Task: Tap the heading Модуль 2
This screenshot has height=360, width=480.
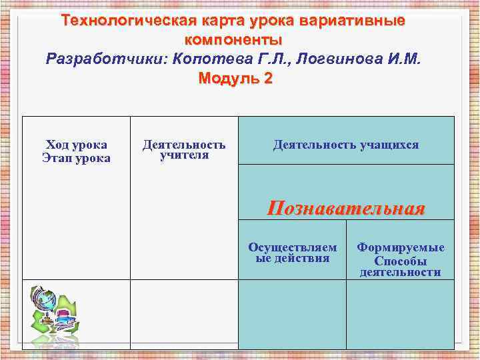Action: tap(235, 78)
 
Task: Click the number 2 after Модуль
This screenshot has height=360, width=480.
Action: tap(268, 78)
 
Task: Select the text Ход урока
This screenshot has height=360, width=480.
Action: tap(77, 145)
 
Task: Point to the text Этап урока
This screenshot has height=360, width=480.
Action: tap(77, 158)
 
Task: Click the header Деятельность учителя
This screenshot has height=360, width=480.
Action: tap(184, 150)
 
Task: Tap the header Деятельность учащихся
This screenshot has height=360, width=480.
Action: tap(346, 145)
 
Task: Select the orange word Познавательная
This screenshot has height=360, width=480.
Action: tap(346, 209)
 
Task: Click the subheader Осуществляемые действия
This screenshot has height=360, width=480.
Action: tap(293, 253)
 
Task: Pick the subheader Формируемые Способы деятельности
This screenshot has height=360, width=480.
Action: tap(400, 259)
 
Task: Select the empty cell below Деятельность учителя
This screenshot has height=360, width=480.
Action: tap(184, 314)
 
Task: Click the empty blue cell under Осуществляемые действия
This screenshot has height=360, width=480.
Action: tap(293, 314)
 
